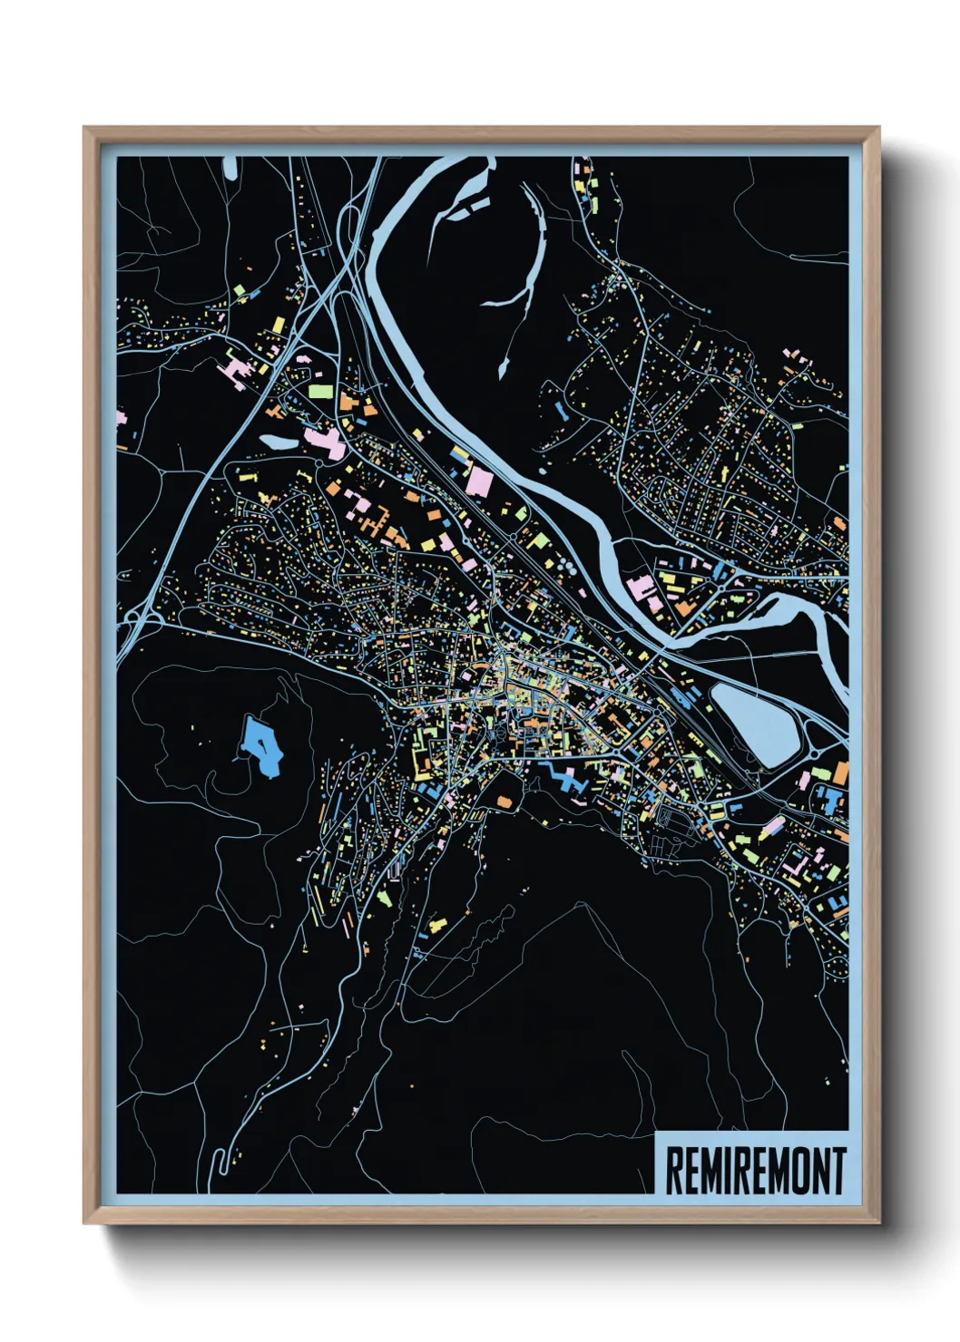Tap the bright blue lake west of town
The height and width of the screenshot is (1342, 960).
[x=261, y=745]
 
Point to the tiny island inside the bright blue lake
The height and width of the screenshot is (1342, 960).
[x=261, y=744]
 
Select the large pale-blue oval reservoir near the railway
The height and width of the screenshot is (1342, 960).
[x=754, y=722]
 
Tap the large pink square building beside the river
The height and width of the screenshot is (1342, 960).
[x=478, y=481]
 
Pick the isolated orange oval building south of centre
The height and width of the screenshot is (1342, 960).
[x=505, y=801]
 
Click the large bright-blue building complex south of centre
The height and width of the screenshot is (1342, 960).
[x=563, y=778]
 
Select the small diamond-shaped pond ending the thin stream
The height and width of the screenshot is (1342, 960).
[x=503, y=367]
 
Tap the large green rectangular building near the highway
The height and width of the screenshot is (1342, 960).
[x=320, y=392]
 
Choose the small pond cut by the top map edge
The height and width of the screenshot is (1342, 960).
[x=230, y=167]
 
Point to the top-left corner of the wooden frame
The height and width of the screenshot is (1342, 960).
[x=84, y=128]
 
